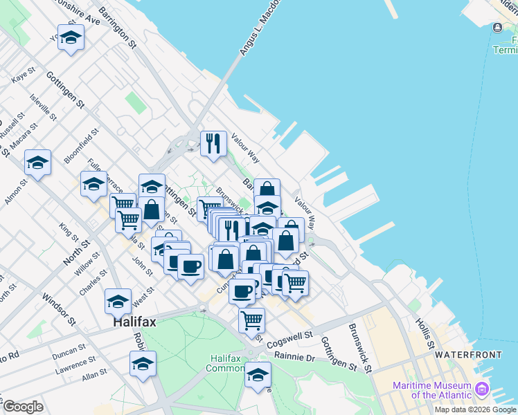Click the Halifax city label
pos(136,322)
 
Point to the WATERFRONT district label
pos(468,354)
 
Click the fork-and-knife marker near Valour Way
pos(213,142)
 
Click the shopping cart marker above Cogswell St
pos(251,319)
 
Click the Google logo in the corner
pos(23,407)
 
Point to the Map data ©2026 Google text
pos(475,409)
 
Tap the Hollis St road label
pos(424,333)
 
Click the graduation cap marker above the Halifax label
pos(118,301)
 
